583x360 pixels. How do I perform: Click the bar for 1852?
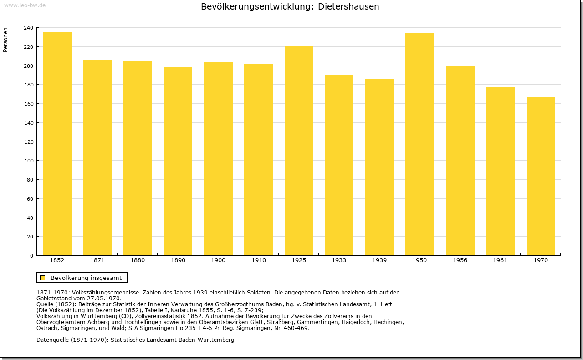pos(57,143)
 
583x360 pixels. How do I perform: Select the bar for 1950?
pos(419,144)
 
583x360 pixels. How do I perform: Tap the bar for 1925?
pos(299,151)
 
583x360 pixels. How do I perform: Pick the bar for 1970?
pos(541,176)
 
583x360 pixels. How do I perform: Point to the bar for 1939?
pos(379,167)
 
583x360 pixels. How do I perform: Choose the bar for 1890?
pos(178,161)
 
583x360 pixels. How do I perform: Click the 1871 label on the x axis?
pos(97,260)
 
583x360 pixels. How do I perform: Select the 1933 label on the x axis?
pos(339,260)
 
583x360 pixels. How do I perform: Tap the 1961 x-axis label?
pos(500,260)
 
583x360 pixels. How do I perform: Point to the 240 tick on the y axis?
pos(28,28)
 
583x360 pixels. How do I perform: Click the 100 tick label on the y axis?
pos(28,161)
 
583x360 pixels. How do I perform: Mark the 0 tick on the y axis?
pos(31,256)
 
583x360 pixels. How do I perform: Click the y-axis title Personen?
pos(5,40)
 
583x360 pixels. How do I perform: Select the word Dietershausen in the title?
pos(348,6)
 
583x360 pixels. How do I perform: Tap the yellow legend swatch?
pos(43,278)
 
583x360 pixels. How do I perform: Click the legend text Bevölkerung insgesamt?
pos(86,278)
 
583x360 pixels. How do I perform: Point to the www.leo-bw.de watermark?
pos(25,5)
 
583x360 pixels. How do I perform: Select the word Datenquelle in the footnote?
pos(52,340)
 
